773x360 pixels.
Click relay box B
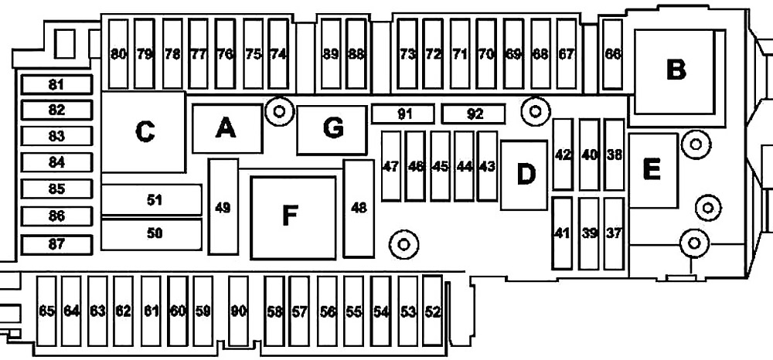675,71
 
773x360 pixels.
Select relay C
144,132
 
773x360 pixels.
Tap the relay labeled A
226,128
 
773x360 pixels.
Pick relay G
332,130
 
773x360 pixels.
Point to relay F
293,218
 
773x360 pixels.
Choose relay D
524,175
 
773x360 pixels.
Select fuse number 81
56,85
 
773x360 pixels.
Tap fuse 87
56,245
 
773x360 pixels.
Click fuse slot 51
152,200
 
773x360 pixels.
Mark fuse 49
223,207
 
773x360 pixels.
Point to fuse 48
359,209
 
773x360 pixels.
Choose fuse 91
403,114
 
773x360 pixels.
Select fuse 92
473,114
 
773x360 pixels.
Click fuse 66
613,54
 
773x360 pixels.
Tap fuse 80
118,54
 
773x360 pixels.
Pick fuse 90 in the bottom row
239,311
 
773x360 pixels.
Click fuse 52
433,311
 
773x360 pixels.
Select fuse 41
563,233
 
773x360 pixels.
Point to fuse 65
47,311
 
